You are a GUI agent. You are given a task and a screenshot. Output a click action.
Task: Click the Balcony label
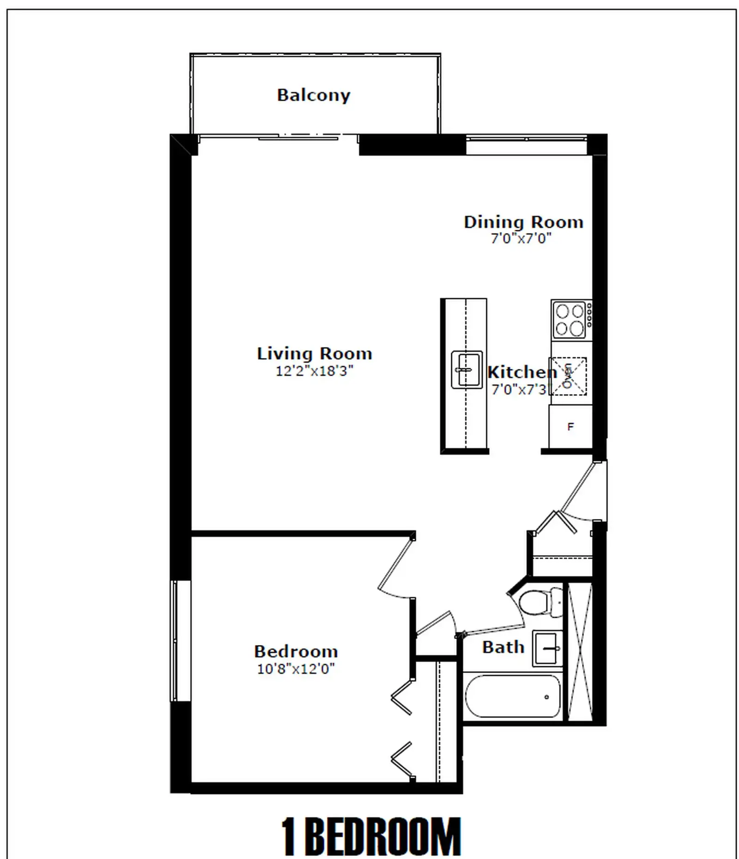coord(314,96)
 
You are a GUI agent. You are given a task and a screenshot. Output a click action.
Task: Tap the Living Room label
coord(315,353)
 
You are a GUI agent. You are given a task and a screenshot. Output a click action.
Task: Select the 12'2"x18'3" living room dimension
coord(315,371)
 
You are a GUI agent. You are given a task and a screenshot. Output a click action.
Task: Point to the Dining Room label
coord(524,222)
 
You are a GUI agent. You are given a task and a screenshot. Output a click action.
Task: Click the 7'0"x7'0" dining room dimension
coord(521,238)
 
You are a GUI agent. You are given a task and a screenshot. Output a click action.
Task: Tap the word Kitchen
coord(522,372)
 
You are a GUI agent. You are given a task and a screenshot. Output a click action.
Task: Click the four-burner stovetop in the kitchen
coord(571,320)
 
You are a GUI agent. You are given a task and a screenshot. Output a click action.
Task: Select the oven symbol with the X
coord(568,376)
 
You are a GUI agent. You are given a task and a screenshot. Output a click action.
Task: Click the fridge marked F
coord(570,426)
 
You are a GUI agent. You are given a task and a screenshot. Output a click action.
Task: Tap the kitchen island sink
coord(466,370)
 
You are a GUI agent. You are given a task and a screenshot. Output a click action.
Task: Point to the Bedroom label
coord(296,652)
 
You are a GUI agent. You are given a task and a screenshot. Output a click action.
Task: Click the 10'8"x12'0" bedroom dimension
coord(296,669)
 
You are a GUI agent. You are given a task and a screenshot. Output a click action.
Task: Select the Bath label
coord(503,647)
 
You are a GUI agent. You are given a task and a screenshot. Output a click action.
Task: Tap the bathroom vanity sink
coord(547,648)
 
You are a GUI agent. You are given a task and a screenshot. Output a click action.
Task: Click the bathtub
coord(513,697)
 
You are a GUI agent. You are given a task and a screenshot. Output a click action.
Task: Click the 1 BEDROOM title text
coord(371,837)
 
